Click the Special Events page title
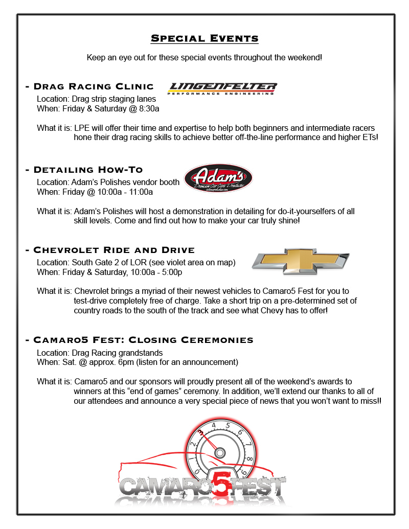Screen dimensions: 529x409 (204, 39)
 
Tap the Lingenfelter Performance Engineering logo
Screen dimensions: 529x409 (222, 88)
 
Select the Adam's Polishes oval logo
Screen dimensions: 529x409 (218, 181)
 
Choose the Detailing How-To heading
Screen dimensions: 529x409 (88, 170)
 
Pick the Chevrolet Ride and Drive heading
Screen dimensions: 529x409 (113, 250)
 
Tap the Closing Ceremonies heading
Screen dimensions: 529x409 (143, 340)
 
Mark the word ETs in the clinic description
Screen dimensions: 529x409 (368, 137)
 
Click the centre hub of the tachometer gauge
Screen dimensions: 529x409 (220, 452)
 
